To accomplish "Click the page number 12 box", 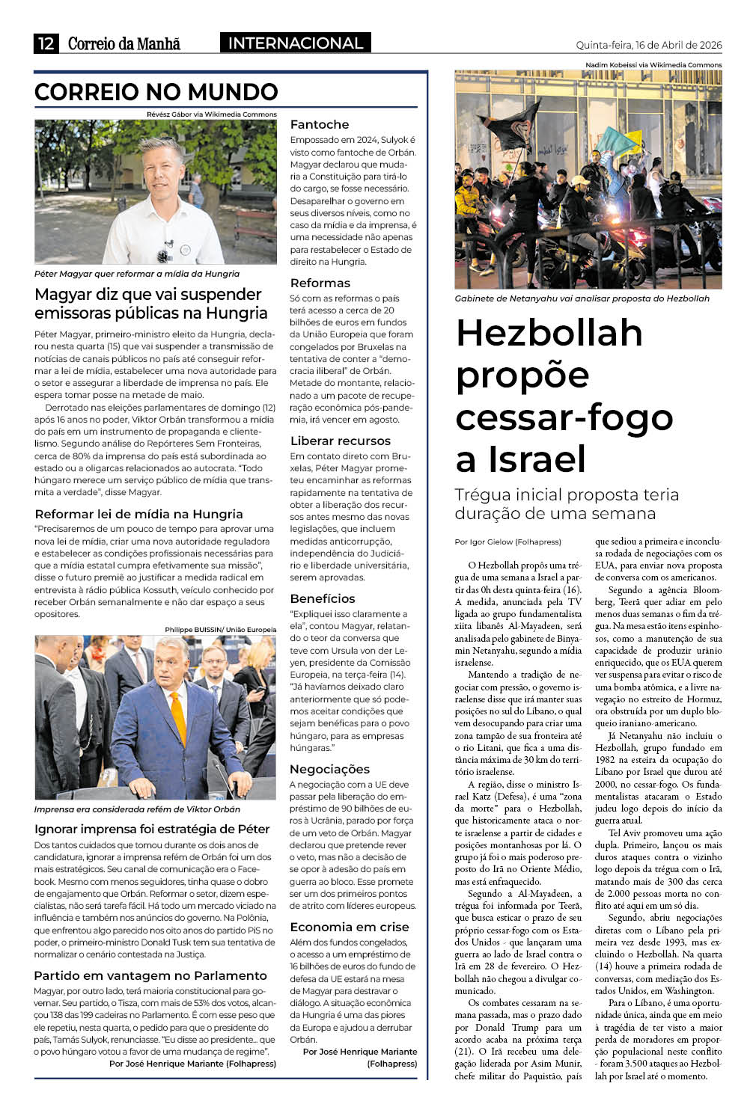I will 46,43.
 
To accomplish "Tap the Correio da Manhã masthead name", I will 124,43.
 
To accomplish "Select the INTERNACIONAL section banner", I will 295,43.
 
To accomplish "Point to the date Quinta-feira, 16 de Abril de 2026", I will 648,45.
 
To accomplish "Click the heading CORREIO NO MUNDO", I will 156,92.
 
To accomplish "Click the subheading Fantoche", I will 320,124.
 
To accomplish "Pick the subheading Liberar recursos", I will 341,441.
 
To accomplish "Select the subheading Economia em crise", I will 350,927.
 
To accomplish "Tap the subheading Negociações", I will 330,769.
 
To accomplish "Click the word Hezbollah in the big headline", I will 549,333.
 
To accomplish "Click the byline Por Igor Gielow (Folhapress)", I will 507,542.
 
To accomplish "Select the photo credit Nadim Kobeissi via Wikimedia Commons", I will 653,65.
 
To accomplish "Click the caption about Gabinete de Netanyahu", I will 582,298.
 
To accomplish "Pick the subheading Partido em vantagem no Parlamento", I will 150,975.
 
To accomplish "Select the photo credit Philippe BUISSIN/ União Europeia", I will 220,630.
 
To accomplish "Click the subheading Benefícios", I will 323,598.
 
